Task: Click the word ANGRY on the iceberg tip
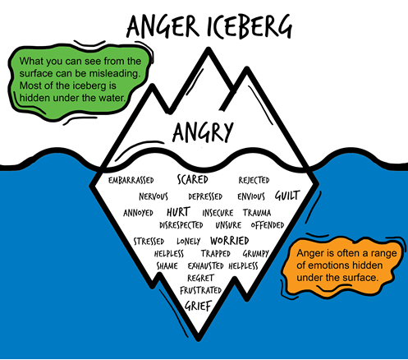203,132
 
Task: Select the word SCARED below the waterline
193,180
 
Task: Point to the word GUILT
287,196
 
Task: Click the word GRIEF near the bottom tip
199,306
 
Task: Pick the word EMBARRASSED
131,180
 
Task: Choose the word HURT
178,212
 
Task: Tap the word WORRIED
230,241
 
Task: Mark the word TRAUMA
257,213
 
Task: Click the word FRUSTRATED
201,290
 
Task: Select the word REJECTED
254,180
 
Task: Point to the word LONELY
189,241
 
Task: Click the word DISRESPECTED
181,225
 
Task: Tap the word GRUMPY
256,254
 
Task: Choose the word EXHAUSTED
206,265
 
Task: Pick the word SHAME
167,265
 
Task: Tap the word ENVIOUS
251,196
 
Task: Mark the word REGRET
200,278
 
